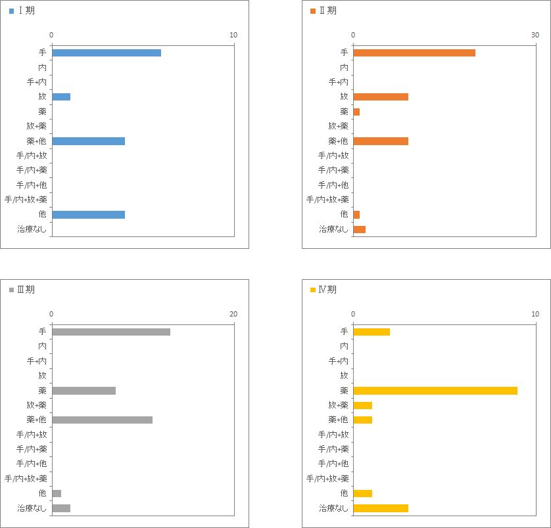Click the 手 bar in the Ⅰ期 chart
107,53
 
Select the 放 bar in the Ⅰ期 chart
61,97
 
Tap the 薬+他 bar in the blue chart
89,141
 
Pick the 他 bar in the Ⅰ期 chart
89,215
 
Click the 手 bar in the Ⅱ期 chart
414,53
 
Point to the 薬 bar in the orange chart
356,112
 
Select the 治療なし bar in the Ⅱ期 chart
360,230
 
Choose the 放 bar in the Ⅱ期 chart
381,97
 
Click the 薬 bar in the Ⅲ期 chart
84,391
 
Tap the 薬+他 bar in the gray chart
103,420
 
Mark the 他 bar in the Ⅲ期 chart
57,494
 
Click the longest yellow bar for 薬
435,391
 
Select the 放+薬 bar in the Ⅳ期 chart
363,405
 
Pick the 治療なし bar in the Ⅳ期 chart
381,508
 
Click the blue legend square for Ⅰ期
12,11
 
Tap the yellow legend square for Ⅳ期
313,290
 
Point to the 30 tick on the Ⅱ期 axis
535,35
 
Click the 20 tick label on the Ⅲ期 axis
233,314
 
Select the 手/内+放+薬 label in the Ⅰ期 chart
26,200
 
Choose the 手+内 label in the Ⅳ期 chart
339,361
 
